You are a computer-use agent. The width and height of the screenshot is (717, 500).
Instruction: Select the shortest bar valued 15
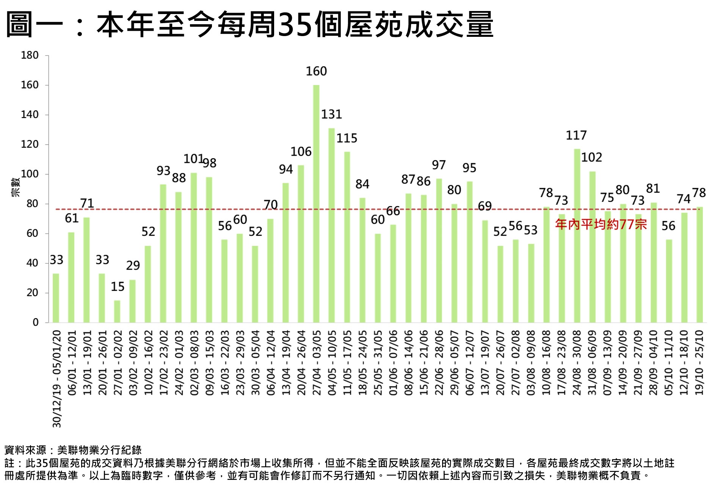point(117,311)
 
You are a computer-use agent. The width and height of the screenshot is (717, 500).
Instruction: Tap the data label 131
point(331,114)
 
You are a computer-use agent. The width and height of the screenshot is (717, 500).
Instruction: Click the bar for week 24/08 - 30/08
point(577,235)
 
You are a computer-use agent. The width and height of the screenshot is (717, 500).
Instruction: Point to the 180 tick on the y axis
point(30,55)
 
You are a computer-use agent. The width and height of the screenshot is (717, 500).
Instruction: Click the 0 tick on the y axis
point(35,322)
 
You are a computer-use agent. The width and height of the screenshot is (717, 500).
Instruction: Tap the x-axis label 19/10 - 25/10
point(700,362)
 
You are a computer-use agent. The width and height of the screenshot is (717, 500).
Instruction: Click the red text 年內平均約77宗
point(601,224)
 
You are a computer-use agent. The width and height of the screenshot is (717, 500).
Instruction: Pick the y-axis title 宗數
point(16,187)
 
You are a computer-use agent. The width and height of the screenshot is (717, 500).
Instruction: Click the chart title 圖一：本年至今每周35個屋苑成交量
point(249,25)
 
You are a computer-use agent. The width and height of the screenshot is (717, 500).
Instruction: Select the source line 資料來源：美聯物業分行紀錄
point(73,450)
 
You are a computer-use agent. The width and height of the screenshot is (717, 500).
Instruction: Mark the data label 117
point(576,135)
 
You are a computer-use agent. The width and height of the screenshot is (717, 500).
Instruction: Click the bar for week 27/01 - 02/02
point(117,311)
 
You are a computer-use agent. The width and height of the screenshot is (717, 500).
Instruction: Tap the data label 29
point(133,265)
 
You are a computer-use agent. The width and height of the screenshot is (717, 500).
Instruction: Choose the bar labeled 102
point(592,247)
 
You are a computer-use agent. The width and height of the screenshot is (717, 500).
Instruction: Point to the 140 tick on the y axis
point(30,115)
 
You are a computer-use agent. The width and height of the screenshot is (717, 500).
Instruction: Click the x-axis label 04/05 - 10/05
point(332,362)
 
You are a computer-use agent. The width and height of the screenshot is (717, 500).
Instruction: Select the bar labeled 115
point(347,237)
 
